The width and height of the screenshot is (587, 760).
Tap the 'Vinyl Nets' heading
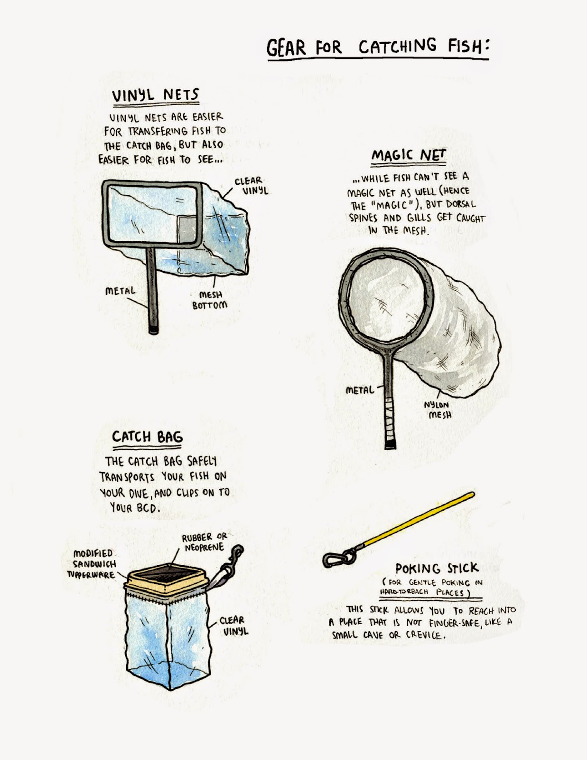(156, 95)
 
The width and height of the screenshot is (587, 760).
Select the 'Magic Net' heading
(409, 155)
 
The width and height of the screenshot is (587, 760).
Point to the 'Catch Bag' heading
(148, 437)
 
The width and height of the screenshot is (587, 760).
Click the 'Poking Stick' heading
(437, 569)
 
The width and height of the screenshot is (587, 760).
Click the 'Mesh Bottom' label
(210, 300)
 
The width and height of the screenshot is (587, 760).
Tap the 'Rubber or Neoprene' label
(205, 542)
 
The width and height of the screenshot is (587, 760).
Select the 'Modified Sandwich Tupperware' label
(92, 564)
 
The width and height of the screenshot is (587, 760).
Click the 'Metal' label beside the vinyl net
(120, 291)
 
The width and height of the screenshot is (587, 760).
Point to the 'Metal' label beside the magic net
(360, 390)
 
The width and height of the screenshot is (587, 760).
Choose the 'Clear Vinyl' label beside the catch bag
(234, 626)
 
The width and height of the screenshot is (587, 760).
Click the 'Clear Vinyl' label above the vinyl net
(251, 186)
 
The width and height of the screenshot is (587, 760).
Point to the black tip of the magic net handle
(390, 445)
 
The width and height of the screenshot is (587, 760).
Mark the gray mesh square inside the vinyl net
(186, 230)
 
